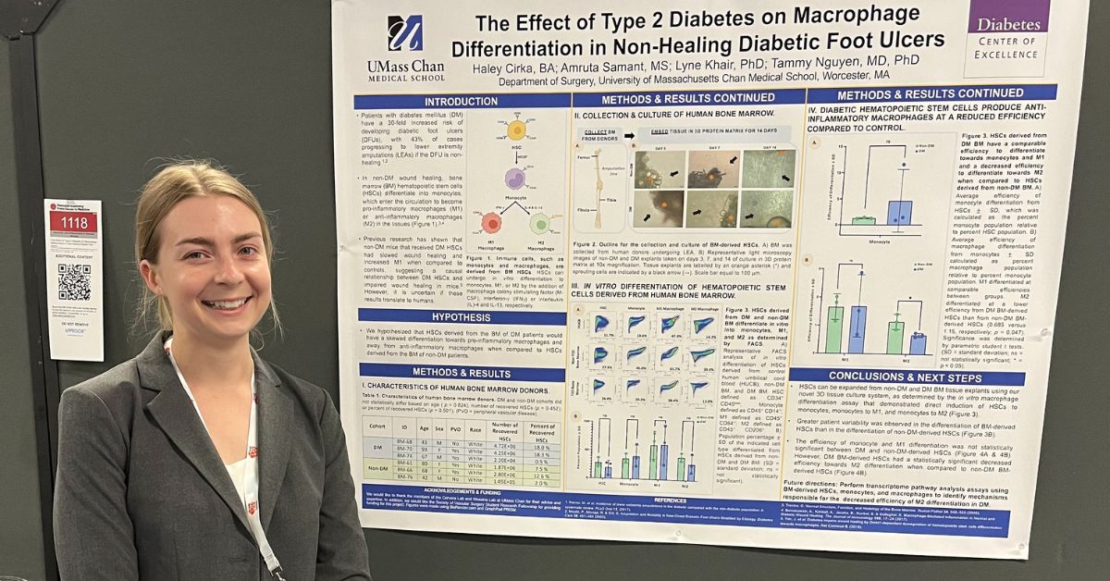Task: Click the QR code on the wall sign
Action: tap(74, 282)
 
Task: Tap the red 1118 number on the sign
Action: tap(73, 222)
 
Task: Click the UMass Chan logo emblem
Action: tap(405, 34)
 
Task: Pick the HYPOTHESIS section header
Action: tap(461, 316)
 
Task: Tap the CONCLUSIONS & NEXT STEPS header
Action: tap(906, 377)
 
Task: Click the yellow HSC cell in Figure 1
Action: tap(516, 130)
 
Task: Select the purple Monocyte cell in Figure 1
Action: tap(515, 179)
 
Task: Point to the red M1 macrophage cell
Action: tap(492, 223)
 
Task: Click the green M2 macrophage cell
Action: tap(539, 224)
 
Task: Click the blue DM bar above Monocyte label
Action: tap(898, 212)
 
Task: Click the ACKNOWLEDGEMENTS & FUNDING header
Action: tap(457, 490)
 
